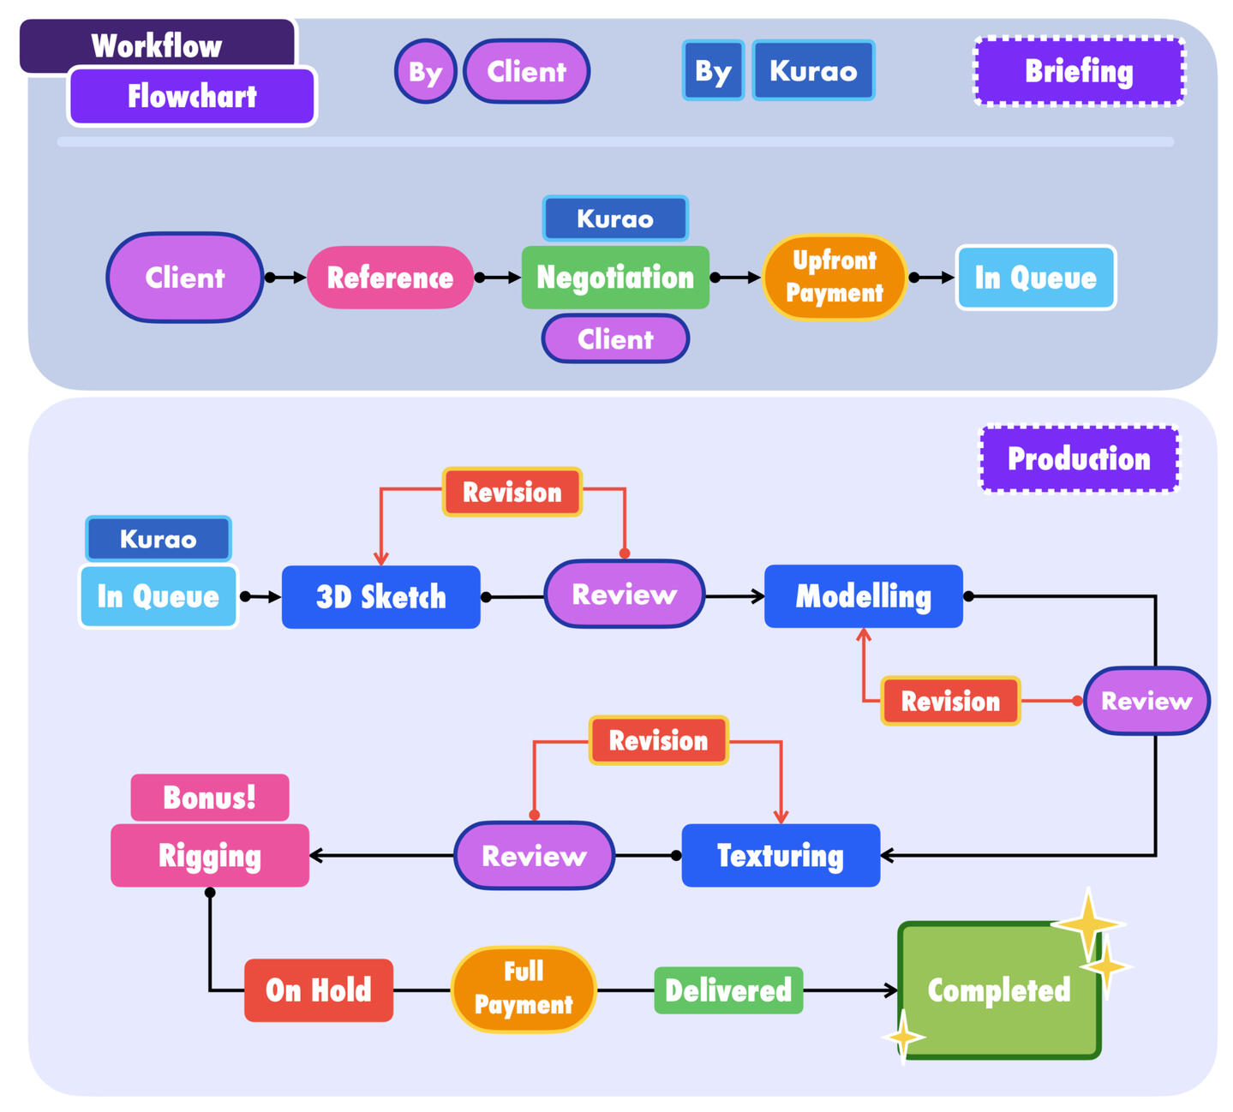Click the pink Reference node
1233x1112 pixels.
coord(390,278)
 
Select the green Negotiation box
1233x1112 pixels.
coord(615,278)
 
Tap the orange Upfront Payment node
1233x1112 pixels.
coord(834,277)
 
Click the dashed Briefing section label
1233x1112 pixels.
coord(1079,71)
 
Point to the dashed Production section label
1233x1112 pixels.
coord(1079,459)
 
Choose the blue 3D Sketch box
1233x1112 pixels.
coord(380,597)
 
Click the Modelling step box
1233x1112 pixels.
coord(863,596)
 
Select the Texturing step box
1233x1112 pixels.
coord(780,855)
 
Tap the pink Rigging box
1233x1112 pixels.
coord(210,855)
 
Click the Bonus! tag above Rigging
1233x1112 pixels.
coord(210,798)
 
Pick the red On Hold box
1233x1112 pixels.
coord(318,990)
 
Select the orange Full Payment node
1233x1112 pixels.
coord(523,989)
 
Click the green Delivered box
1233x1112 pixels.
coord(728,990)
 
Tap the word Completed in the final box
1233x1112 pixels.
coord(998,990)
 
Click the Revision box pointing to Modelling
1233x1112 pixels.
coord(950,701)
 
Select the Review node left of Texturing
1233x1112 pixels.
coord(534,855)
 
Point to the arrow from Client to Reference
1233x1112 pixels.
coord(285,278)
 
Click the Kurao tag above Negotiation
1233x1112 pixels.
coord(615,218)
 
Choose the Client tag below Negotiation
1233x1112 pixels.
coord(615,339)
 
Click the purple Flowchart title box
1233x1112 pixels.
coord(192,96)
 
